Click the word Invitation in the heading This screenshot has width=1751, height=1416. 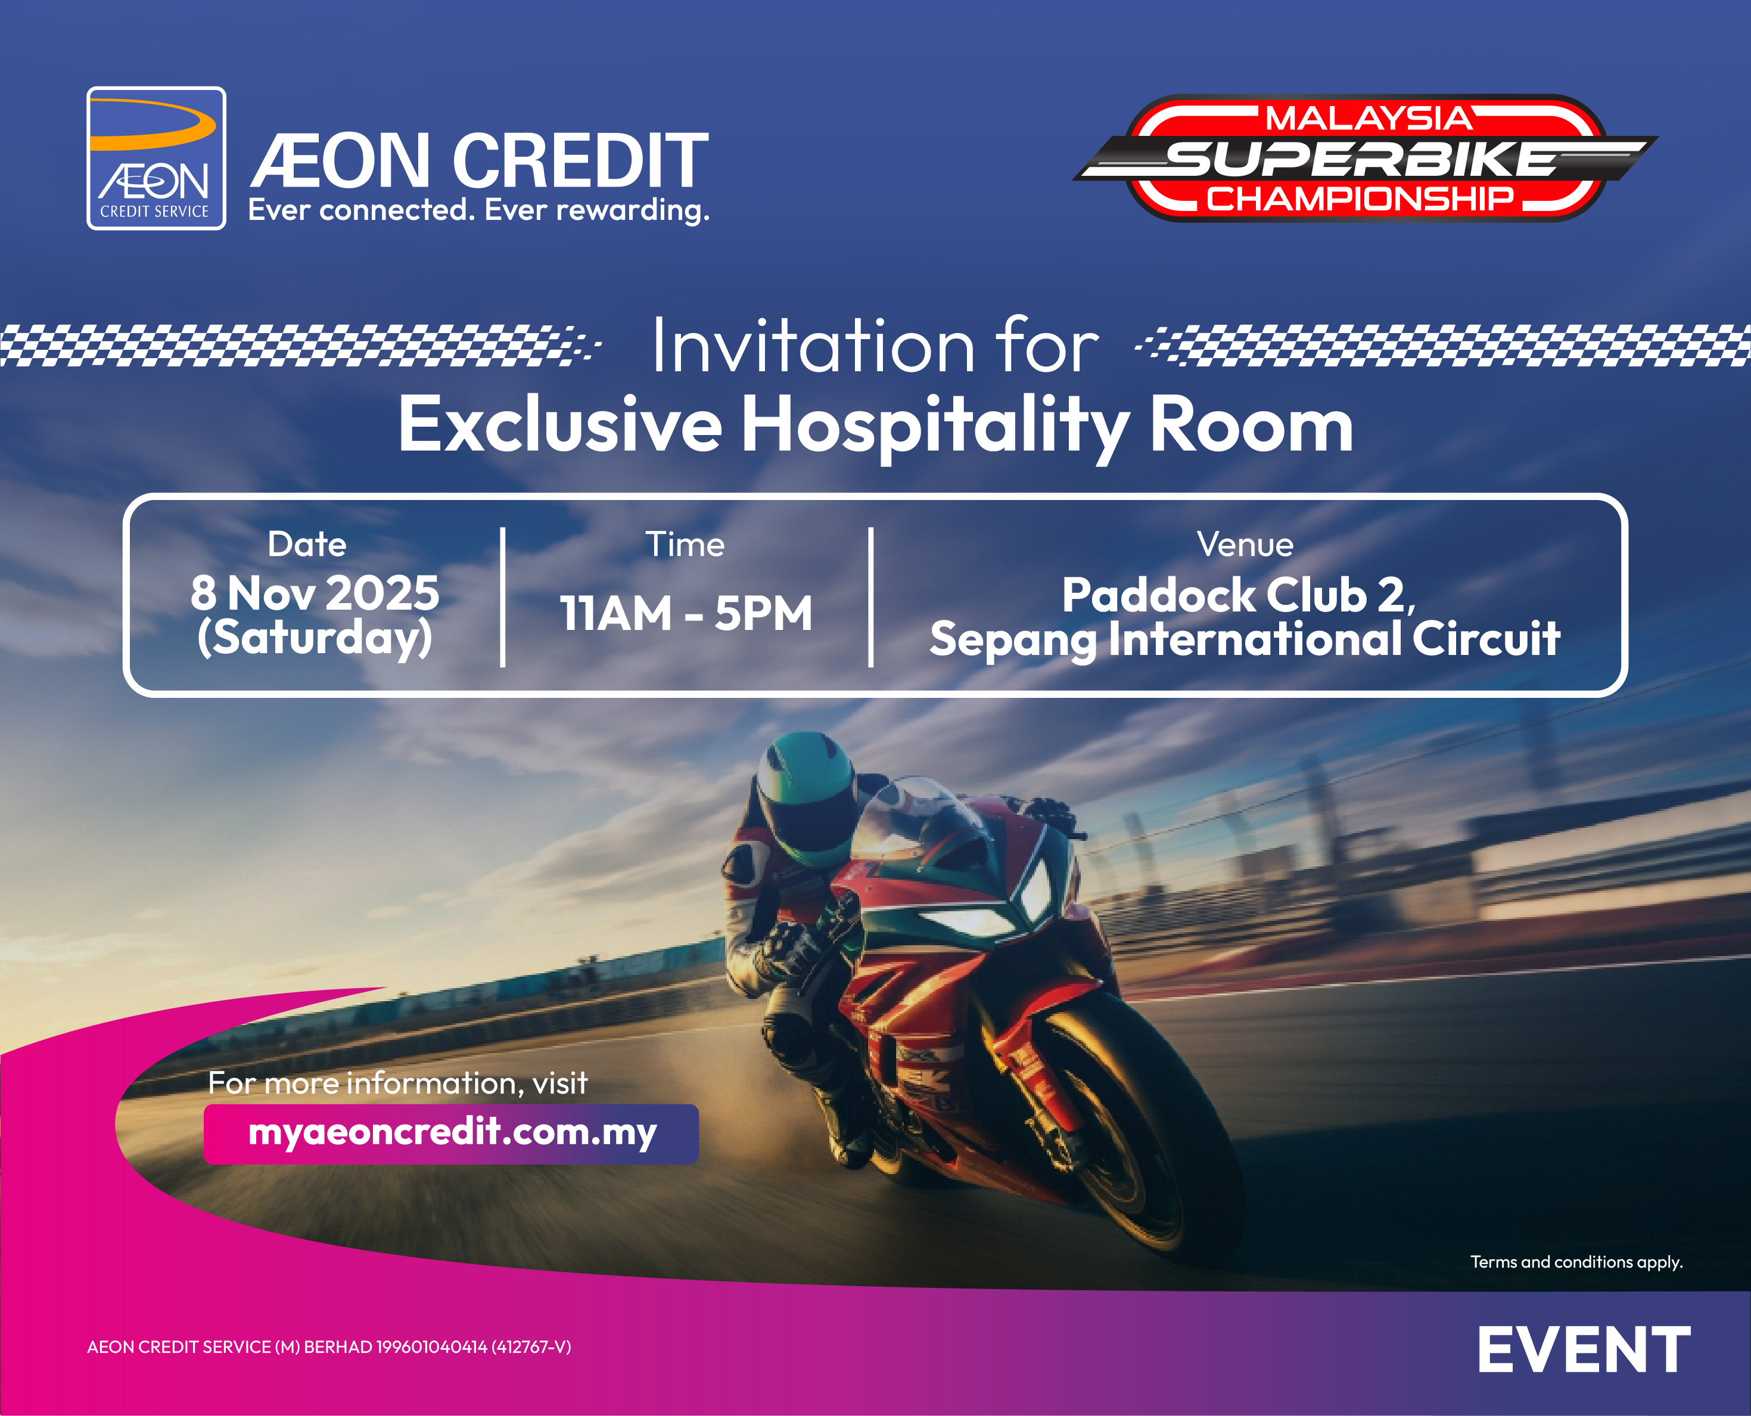coord(814,347)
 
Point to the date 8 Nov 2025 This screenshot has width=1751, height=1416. coord(315,593)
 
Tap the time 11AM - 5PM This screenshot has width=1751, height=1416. coord(686,613)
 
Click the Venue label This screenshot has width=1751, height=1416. coord(1245,545)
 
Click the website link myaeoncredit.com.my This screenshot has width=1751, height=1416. coord(452,1133)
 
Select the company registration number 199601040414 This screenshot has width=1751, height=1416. coord(431,1347)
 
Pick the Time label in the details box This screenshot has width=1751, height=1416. coord(685,545)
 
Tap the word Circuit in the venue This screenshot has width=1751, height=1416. coord(1486,639)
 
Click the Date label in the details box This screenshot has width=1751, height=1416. coord(307,544)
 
